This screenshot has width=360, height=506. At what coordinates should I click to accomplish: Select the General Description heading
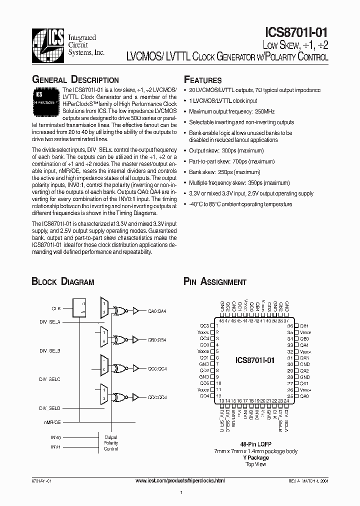[75, 80]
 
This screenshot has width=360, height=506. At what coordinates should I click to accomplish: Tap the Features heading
[202, 80]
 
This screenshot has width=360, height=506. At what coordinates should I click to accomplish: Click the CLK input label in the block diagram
[56, 308]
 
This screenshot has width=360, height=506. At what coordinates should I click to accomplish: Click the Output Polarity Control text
[111, 442]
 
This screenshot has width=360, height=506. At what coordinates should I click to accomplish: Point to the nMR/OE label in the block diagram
[52, 422]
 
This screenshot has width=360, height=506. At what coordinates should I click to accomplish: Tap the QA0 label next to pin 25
[304, 396]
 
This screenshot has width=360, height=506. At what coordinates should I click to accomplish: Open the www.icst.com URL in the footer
[180, 480]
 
